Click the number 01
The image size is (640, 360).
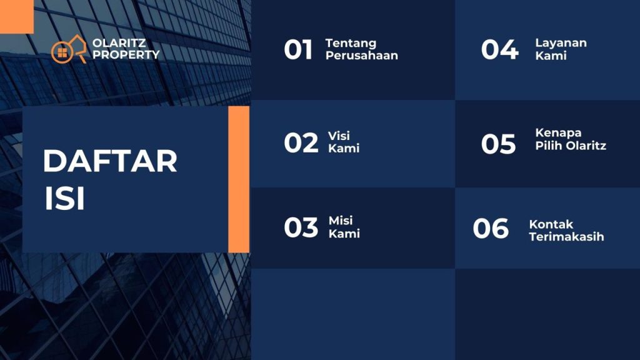(x=298, y=49)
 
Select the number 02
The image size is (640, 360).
(x=301, y=143)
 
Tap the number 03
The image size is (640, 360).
(x=301, y=227)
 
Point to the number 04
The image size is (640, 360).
(x=499, y=49)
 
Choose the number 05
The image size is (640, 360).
(x=498, y=144)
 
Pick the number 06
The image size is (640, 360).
(x=491, y=228)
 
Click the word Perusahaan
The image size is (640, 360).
(x=362, y=55)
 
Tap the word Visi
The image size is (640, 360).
(x=339, y=136)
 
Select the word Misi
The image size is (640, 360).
(x=341, y=221)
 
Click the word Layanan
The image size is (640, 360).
(x=561, y=43)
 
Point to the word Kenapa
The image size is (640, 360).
(x=558, y=133)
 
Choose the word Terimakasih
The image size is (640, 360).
(x=566, y=236)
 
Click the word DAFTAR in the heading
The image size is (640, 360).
(x=110, y=161)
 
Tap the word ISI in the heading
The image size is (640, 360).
(x=64, y=198)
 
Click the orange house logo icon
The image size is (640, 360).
(x=69, y=49)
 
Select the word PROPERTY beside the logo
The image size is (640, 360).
(x=126, y=54)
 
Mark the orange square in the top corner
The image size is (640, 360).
(x=17, y=16)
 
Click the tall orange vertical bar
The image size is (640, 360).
(x=239, y=179)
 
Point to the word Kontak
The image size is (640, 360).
(x=551, y=224)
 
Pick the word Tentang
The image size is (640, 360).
(x=351, y=43)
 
